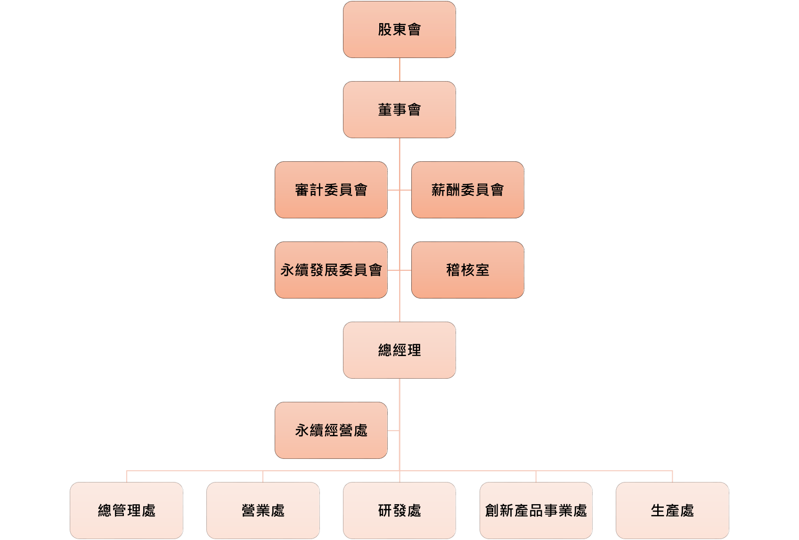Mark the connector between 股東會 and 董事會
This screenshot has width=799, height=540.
coord(399,69)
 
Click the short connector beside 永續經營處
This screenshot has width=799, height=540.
coord(393,431)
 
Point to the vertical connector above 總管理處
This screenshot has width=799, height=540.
coord(126,476)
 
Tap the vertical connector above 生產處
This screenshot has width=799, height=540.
coord(672,476)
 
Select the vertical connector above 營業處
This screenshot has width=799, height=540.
coord(263,476)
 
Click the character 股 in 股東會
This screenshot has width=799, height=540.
coord(385,29)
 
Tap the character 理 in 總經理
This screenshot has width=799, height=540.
coord(414,350)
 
